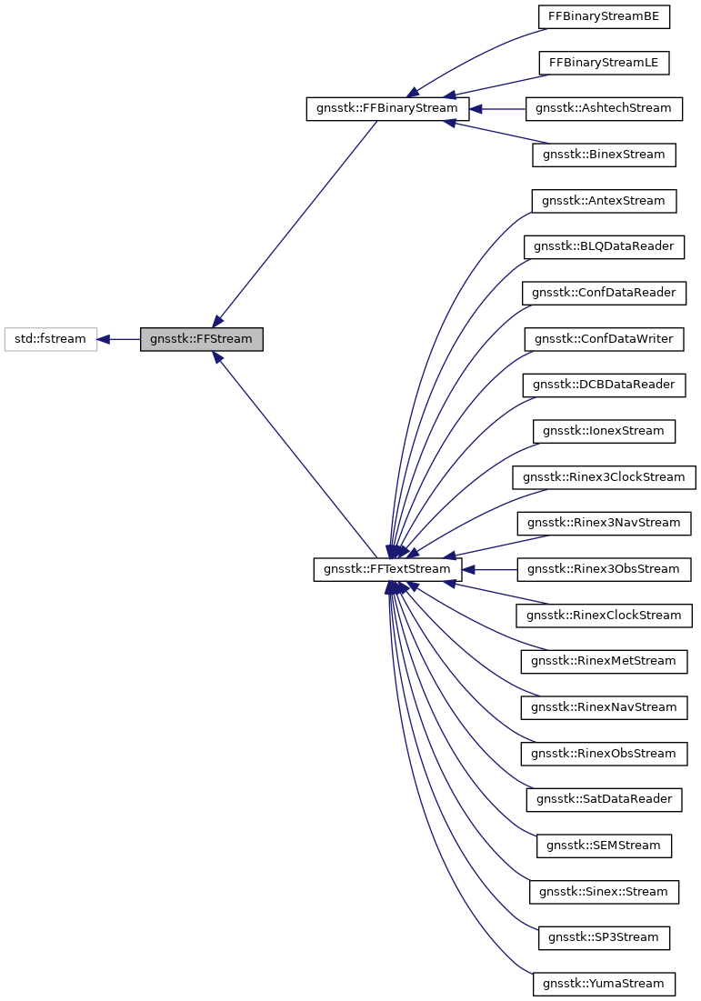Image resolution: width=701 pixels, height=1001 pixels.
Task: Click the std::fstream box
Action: (x=50, y=339)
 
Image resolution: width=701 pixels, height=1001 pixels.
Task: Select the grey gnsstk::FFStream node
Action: (x=201, y=339)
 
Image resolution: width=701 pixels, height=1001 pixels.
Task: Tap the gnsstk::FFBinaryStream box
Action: (x=387, y=108)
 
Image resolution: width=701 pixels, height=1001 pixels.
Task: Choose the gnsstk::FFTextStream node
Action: (x=387, y=569)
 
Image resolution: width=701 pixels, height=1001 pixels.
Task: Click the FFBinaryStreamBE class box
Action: (x=604, y=16)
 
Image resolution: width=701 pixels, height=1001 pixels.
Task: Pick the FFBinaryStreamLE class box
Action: (x=604, y=63)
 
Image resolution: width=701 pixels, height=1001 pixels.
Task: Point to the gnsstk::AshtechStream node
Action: (x=604, y=108)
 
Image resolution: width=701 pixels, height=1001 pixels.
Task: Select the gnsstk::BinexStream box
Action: (x=604, y=155)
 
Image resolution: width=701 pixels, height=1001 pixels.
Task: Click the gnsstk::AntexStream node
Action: (x=604, y=201)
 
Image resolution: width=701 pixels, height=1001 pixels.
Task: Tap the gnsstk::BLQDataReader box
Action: (x=604, y=246)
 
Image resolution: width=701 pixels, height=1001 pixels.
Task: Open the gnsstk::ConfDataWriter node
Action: (x=604, y=339)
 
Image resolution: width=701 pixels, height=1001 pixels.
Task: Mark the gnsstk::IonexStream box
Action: (x=604, y=431)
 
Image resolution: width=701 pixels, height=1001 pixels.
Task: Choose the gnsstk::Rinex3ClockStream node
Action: (x=604, y=477)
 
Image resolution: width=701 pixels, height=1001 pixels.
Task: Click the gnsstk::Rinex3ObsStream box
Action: (x=604, y=569)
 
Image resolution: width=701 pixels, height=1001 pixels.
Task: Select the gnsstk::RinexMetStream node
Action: (x=604, y=661)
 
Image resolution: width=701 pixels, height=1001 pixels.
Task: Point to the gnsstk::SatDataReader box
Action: (x=604, y=799)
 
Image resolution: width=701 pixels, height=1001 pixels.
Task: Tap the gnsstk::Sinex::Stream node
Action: (x=604, y=892)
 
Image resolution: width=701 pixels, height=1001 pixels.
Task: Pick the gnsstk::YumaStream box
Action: (x=604, y=984)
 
